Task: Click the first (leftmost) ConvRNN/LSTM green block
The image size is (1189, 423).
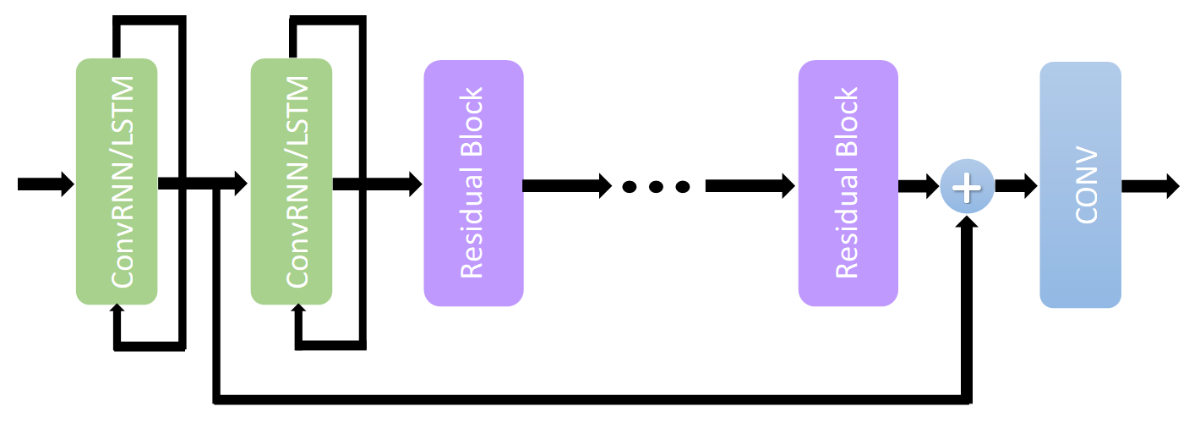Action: (117, 181)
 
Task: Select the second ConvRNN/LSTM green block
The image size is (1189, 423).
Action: (292, 181)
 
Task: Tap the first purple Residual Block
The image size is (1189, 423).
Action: (473, 183)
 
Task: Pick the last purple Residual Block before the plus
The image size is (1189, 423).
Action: (848, 183)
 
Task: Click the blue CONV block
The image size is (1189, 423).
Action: (1080, 184)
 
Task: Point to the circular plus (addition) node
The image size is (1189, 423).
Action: (967, 186)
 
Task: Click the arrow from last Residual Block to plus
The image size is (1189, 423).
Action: (918, 185)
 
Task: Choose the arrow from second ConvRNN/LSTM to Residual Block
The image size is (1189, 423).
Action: (376, 184)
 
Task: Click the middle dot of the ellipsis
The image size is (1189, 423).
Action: (656, 186)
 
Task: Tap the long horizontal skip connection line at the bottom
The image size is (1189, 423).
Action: (592, 398)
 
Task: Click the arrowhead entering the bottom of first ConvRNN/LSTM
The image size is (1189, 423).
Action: (117, 310)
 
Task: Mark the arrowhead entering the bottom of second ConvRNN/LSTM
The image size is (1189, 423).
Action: (298, 310)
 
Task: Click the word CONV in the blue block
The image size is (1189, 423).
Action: (1085, 185)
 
